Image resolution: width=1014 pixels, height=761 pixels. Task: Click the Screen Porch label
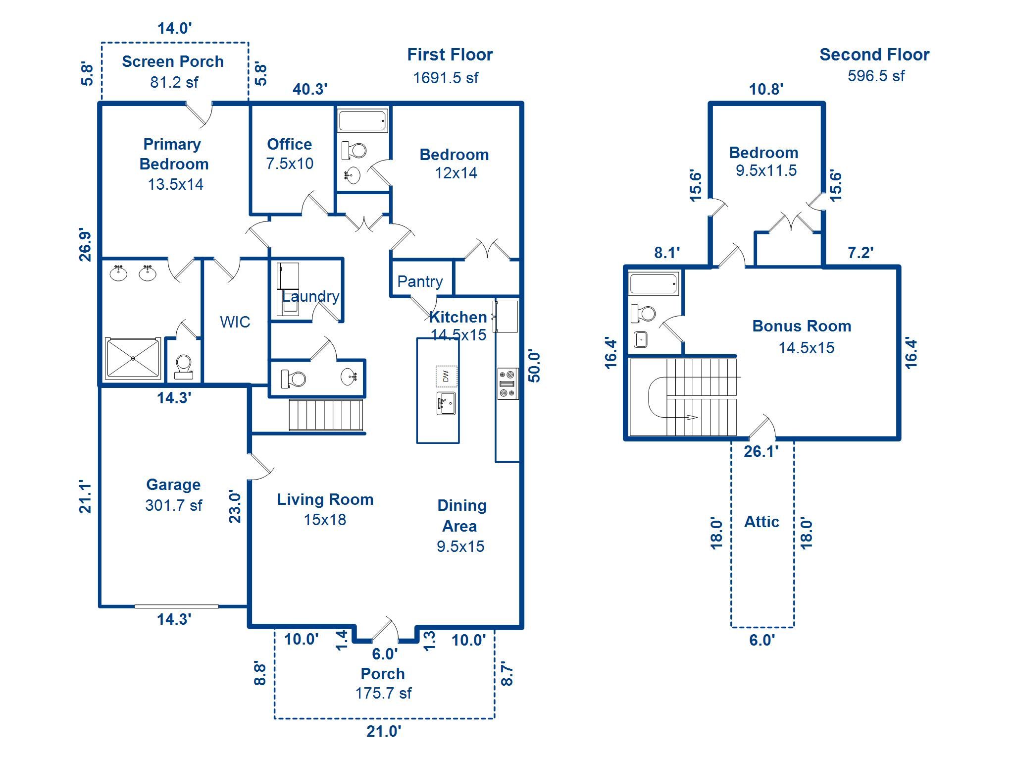[x=173, y=61]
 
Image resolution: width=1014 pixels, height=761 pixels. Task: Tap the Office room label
[x=290, y=144]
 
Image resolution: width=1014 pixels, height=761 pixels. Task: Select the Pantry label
[x=420, y=281]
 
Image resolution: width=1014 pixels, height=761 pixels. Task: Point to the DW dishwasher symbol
[x=446, y=376]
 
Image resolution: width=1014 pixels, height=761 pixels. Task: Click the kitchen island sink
[x=446, y=403]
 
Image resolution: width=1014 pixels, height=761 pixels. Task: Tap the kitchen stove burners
[x=508, y=383]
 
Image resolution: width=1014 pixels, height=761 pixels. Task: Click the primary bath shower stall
[x=133, y=359]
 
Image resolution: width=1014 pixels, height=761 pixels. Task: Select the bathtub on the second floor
[x=654, y=284]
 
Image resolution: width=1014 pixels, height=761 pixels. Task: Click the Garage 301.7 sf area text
[x=174, y=505]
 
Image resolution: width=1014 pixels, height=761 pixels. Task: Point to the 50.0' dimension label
[x=534, y=367]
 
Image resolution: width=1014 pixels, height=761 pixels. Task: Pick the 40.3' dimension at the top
[x=310, y=89]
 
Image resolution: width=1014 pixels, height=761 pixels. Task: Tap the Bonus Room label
[x=802, y=326]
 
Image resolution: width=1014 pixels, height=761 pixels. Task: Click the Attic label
[x=761, y=522]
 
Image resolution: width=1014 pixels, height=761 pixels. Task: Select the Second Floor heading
[x=874, y=54]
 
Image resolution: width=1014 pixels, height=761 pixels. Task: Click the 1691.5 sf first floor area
[x=446, y=78]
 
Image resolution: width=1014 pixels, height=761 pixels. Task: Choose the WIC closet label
[x=235, y=322]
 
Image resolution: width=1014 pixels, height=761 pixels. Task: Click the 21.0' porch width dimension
[x=384, y=731]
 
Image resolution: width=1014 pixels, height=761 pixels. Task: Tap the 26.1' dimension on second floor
[x=761, y=451]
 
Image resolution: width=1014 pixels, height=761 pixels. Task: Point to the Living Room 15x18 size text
[x=325, y=520]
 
